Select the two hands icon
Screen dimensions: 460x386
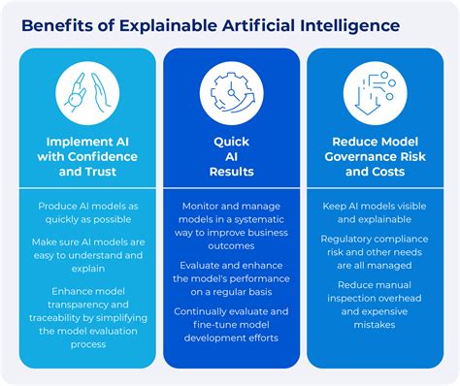tap(87, 93)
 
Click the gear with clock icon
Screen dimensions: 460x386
tap(231, 93)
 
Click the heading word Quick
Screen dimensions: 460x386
tap(231, 142)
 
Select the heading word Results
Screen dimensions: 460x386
tap(231, 172)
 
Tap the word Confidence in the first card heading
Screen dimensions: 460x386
tap(103, 157)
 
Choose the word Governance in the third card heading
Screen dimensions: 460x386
tap(359, 157)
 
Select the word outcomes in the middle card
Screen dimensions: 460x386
tap(231, 246)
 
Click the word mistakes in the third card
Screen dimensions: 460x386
tap(375, 325)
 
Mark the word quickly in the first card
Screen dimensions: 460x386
tap(60, 220)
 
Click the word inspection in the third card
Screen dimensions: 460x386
tap(350, 299)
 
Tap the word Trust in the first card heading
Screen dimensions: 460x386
tap(102, 172)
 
